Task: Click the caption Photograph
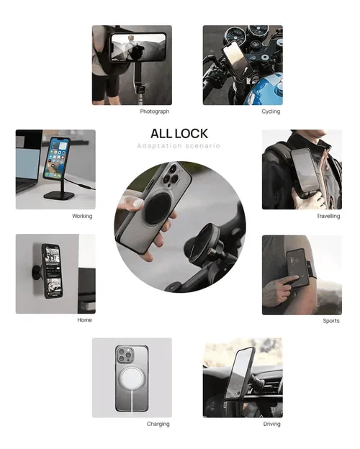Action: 155,112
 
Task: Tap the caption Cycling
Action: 271,112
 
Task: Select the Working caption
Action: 82,216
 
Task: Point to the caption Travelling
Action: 328,216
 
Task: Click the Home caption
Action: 84,320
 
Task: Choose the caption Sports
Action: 331,321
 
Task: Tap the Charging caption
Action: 158,424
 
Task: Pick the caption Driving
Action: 271,424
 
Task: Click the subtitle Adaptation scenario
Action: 179,146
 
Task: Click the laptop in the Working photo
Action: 27,165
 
